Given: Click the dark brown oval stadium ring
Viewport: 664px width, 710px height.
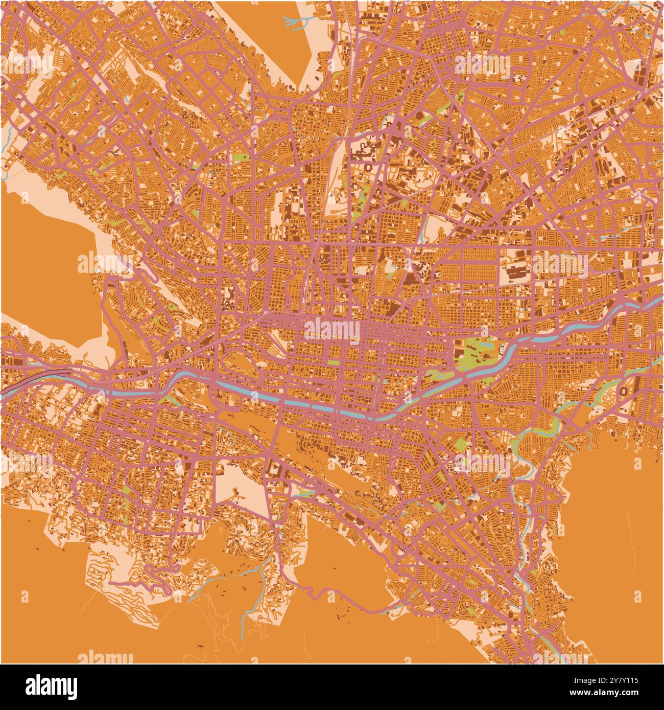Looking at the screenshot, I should pos(624,392).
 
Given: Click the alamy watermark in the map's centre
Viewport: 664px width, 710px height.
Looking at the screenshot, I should pos(332,330).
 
